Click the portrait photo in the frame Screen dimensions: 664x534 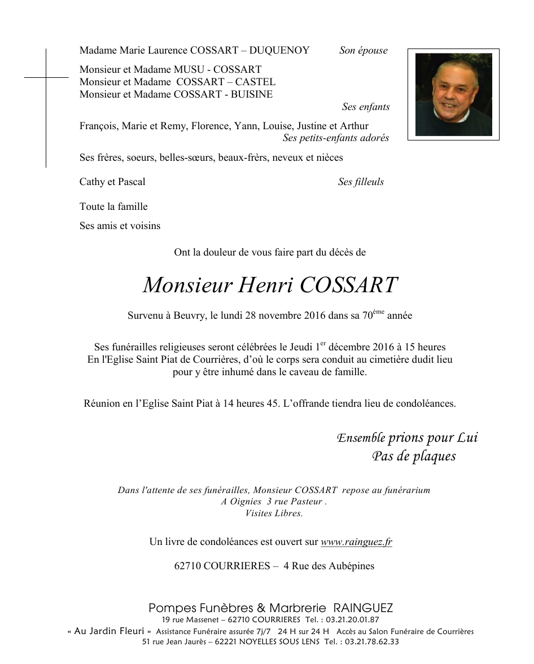(453, 94)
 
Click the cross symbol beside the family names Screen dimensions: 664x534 (46, 77)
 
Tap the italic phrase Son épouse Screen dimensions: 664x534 (363, 51)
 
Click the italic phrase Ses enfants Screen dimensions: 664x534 (365, 107)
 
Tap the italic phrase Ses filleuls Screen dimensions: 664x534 (361, 182)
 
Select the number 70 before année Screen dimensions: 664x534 (367, 316)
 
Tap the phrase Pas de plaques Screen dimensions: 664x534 (414, 456)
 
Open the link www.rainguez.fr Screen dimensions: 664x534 (356, 542)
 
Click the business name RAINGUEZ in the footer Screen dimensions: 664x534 (363, 608)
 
